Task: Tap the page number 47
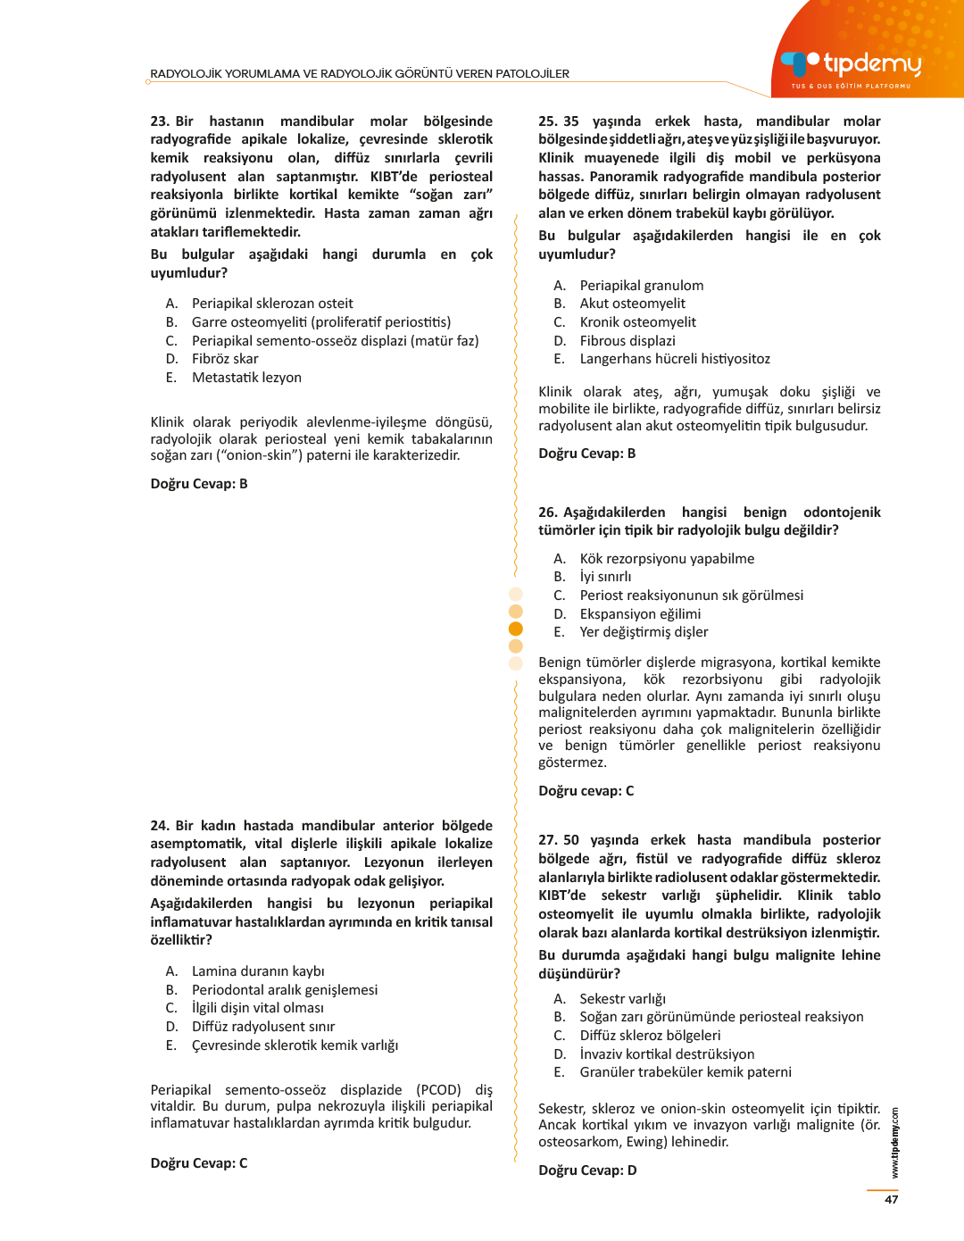coord(891,1199)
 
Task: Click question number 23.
coord(159,121)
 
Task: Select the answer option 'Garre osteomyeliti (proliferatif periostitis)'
coord(320,322)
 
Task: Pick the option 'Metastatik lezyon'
coord(246,378)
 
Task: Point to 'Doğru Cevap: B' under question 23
coord(199,484)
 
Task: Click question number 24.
coord(159,826)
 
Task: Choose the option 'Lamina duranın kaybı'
coord(258,971)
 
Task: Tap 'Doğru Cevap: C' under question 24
coord(199,1163)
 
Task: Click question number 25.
coord(547,121)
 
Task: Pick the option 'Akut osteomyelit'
coord(632,304)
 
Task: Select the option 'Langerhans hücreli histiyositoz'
coord(674,359)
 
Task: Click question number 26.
coord(547,512)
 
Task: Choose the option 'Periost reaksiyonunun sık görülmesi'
coord(691,596)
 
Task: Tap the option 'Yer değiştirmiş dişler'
coord(644,632)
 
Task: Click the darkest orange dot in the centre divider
coord(516,629)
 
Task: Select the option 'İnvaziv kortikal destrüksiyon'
coord(667,1054)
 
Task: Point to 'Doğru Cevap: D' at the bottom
coord(587,1170)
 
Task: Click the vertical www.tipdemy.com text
coord(895,1144)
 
